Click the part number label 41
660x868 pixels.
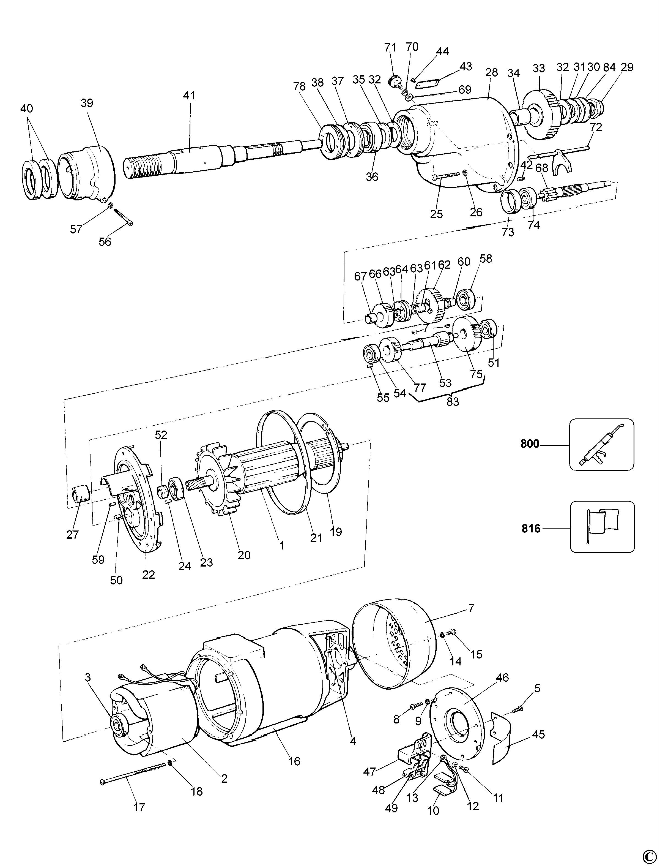[189, 96]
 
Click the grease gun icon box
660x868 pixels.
[601, 444]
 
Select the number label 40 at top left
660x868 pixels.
[27, 108]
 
